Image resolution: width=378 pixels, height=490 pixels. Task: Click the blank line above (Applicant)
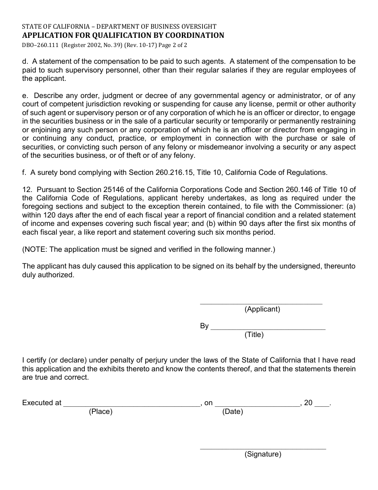point(261,304)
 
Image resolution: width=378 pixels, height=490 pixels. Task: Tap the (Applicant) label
point(262,309)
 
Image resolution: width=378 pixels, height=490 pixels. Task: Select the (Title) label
point(254,335)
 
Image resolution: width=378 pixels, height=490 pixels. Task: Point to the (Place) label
point(101,412)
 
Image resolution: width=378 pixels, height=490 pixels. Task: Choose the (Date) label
point(232,412)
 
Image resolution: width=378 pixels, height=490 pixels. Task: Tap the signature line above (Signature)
point(263,449)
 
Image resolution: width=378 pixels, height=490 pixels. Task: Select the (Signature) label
point(263,455)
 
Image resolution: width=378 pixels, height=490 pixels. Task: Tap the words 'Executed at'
point(42,403)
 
